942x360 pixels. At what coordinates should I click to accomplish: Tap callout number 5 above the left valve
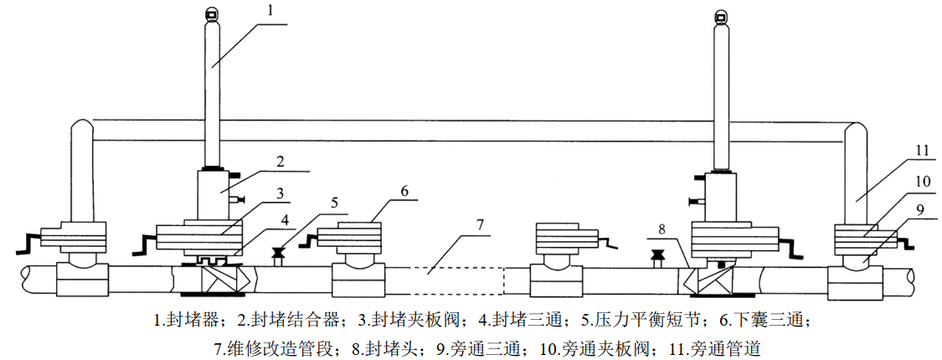[x=334, y=203]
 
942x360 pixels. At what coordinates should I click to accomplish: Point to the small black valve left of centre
[x=278, y=253]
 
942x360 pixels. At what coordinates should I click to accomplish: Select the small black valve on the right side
[x=657, y=255]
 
